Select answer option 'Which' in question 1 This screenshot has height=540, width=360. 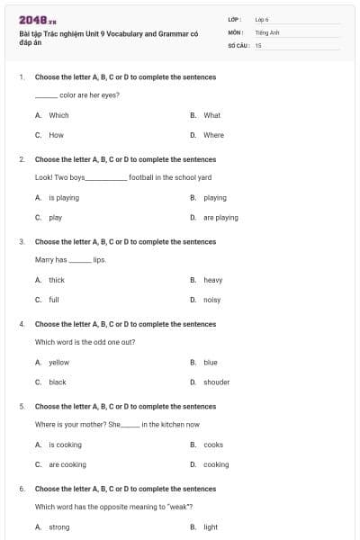click(58, 115)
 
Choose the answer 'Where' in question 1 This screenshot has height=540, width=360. click(213, 135)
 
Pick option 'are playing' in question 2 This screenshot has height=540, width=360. click(220, 217)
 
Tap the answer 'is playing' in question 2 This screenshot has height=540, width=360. click(64, 197)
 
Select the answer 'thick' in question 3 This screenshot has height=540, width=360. click(57, 280)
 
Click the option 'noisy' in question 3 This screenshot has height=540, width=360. click(212, 300)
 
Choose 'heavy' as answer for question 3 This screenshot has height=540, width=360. click(212, 280)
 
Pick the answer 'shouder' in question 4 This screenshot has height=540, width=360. click(216, 382)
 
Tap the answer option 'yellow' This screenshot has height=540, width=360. click(58, 362)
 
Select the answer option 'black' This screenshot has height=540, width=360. click(58, 382)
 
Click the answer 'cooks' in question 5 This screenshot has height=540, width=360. click(213, 445)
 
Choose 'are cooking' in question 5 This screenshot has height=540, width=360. click(67, 464)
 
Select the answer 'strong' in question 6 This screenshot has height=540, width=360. click(59, 527)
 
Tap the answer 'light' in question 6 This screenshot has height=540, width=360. click(211, 527)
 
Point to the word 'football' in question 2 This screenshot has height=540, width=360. click(141, 177)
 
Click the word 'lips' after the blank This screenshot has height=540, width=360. click(99, 260)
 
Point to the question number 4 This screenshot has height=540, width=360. click(22, 324)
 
